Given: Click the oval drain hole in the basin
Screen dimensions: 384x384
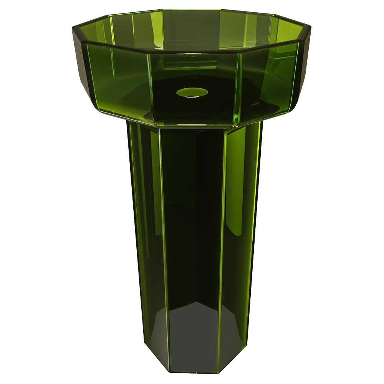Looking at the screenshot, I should [x=192, y=92].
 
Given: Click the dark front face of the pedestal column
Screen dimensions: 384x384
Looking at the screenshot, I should [x=192, y=230].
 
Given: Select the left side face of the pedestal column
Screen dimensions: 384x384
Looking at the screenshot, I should [x=144, y=230].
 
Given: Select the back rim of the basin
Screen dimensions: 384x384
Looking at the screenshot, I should [x=192, y=11].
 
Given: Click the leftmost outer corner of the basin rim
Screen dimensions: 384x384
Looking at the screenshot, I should [x=72, y=27].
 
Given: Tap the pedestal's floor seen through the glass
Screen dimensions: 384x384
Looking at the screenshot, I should [x=192, y=338].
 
